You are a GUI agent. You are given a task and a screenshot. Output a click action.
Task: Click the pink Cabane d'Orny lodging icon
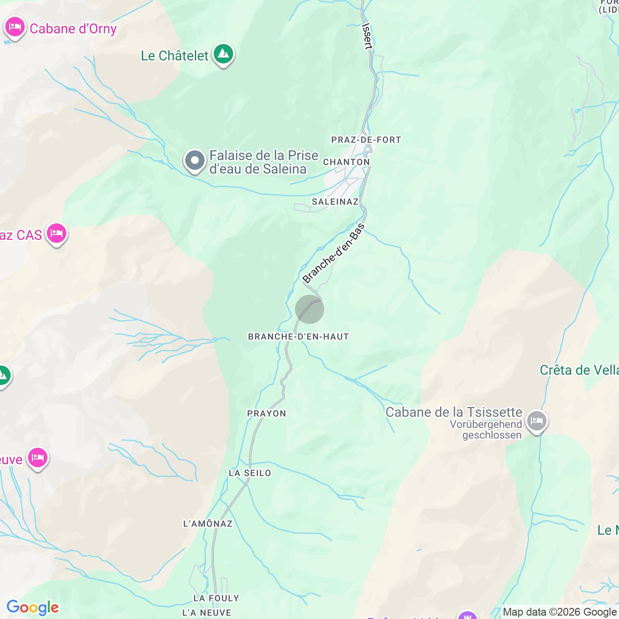click(x=15, y=27)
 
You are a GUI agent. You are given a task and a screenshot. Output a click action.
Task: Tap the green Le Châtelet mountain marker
click(x=223, y=54)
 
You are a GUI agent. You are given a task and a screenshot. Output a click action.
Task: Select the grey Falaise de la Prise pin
click(x=195, y=161)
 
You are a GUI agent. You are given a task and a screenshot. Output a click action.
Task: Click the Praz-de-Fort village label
click(x=366, y=140)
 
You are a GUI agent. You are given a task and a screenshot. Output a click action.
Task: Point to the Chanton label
click(x=346, y=162)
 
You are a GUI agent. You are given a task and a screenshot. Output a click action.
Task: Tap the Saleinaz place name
click(x=335, y=202)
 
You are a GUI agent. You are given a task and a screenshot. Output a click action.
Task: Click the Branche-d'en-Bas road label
click(x=334, y=253)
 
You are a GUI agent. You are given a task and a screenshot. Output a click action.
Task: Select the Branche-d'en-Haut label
click(x=298, y=337)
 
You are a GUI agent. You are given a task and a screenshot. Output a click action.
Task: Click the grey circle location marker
click(x=309, y=309)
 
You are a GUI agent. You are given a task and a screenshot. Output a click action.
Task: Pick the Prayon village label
click(x=266, y=413)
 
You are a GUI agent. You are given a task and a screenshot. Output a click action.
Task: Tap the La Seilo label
click(x=250, y=473)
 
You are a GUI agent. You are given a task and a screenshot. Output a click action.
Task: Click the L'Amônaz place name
click(x=208, y=524)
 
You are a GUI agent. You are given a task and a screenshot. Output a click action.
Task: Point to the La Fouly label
click(x=216, y=598)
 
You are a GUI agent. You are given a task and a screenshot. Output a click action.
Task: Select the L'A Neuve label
click(x=206, y=613)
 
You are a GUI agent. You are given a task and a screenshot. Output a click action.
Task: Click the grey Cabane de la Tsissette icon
click(x=536, y=421)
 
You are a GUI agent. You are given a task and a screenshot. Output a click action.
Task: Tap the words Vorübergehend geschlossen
click(x=486, y=429)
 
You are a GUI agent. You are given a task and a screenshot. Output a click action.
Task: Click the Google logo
click(x=32, y=607)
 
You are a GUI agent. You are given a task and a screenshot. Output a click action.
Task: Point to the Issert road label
click(x=368, y=36)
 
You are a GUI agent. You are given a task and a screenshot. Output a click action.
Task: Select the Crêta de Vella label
click(x=579, y=370)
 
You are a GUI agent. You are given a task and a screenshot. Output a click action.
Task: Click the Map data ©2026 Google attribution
click(x=560, y=612)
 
